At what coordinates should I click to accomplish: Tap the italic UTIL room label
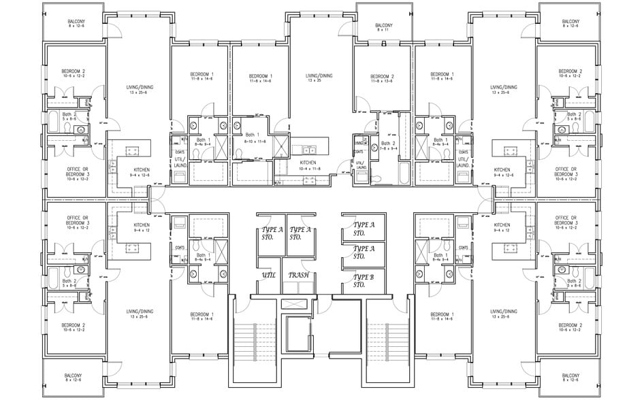pyautogui.click(x=268, y=276)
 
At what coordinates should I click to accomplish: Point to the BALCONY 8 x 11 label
pyautogui.click(x=384, y=27)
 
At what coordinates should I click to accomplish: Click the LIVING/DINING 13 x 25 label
pyautogui.click(x=319, y=78)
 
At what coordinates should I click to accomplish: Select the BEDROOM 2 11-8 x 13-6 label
pyautogui.click(x=383, y=78)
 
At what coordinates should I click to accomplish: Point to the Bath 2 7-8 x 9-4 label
pyautogui.click(x=387, y=146)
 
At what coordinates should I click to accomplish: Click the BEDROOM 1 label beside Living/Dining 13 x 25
pyautogui.click(x=260, y=78)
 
